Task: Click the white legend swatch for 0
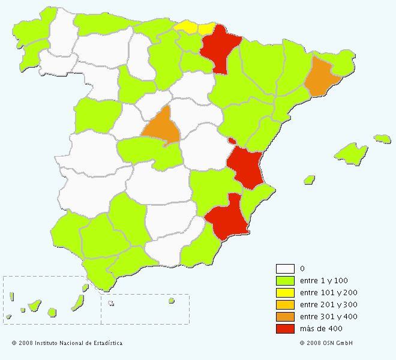[285, 269]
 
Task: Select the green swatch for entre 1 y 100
[285, 281]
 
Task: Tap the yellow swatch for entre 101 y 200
[285, 293]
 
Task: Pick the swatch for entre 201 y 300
[285, 305]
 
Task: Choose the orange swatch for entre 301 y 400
[285, 317]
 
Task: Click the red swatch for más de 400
[285, 329]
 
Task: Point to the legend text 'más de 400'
[321, 329]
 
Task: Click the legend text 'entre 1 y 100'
[323, 281]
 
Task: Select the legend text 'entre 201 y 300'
[328, 305]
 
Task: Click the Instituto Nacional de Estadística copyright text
[67, 343]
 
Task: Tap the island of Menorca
[382, 139]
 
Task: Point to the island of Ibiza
[310, 179]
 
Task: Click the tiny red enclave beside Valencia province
[232, 141]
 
